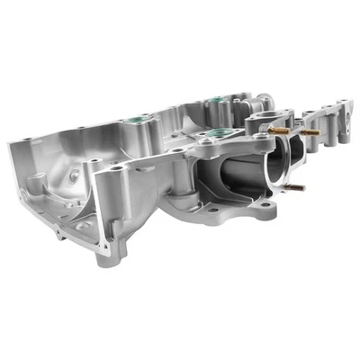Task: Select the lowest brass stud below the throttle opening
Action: pyautogui.click(x=294, y=188)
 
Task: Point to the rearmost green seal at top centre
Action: pyautogui.click(x=213, y=97)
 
